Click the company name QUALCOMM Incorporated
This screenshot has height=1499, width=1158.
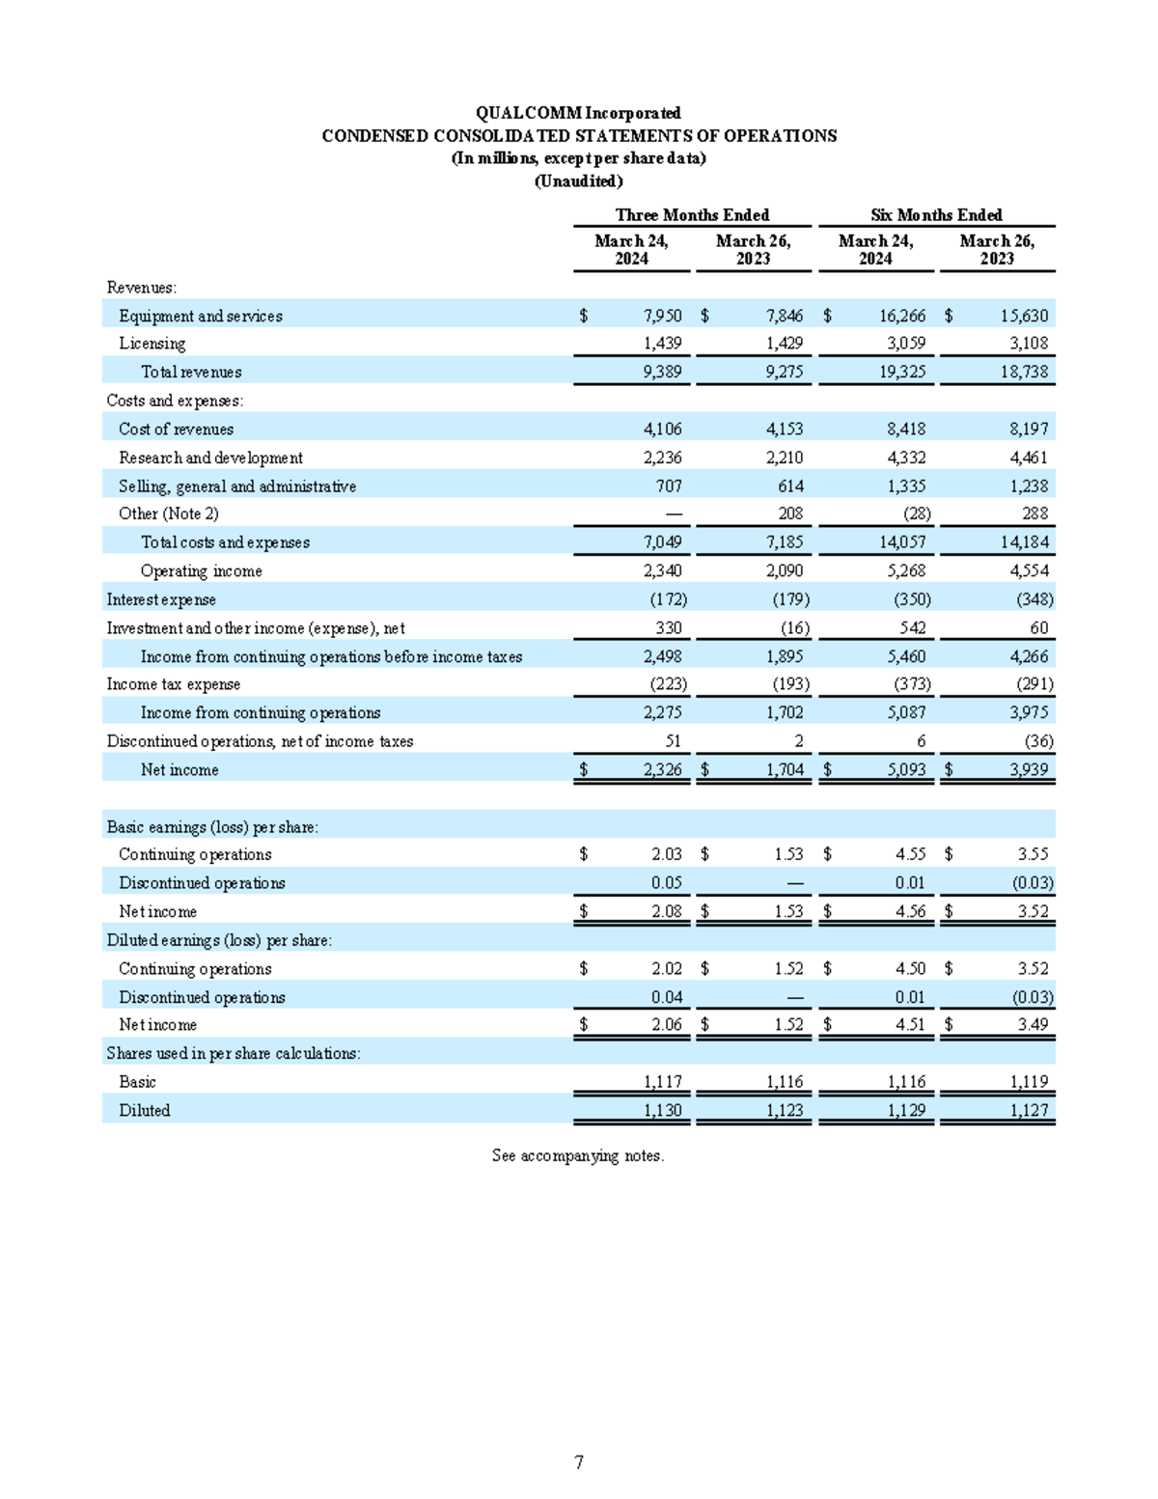point(578,113)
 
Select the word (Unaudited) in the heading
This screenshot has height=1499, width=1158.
point(578,180)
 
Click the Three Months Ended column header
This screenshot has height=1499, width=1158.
point(692,214)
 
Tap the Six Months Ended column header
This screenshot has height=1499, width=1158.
point(936,214)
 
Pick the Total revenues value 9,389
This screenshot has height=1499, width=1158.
point(662,372)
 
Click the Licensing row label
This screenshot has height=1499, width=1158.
point(152,343)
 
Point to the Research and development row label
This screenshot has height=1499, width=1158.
point(210,458)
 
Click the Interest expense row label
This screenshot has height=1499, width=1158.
point(161,599)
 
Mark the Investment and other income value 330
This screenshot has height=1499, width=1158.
point(668,627)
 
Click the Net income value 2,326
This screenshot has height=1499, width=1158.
point(662,769)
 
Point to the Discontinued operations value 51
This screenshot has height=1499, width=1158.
point(673,741)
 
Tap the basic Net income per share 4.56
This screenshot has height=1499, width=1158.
point(910,911)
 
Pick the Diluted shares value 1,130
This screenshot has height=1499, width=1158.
point(662,1110)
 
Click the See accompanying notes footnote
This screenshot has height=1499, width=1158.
point(578,1155)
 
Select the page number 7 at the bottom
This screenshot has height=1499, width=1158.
point(579,1462)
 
